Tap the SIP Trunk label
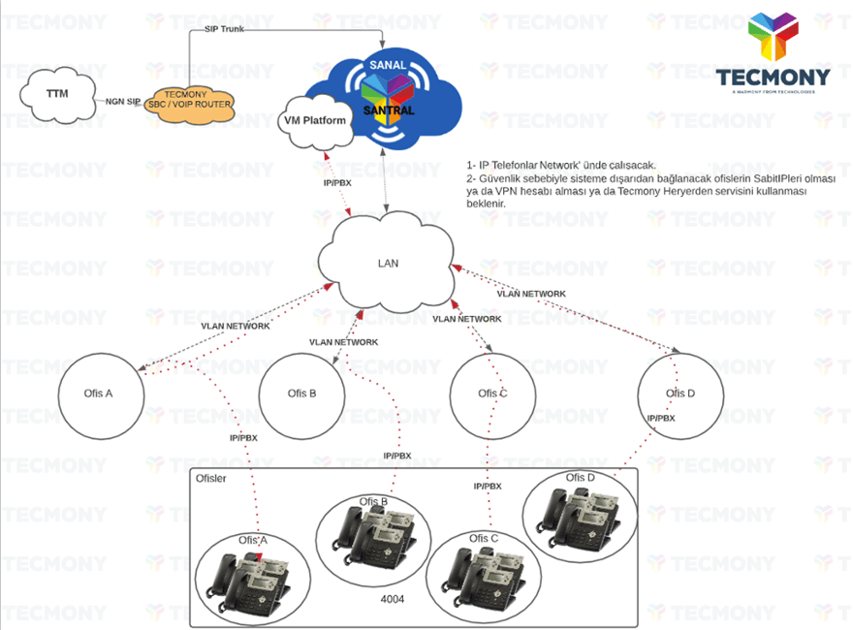(224, 29)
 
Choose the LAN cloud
(387, 263)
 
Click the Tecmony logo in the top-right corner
(773, 53)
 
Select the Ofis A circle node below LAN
(100, 394)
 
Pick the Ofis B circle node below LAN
(301, 394)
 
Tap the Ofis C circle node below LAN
(492, 394)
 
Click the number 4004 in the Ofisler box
(393, 600)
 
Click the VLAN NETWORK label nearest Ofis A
(235, 327)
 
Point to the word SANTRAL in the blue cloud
(388, 110)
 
